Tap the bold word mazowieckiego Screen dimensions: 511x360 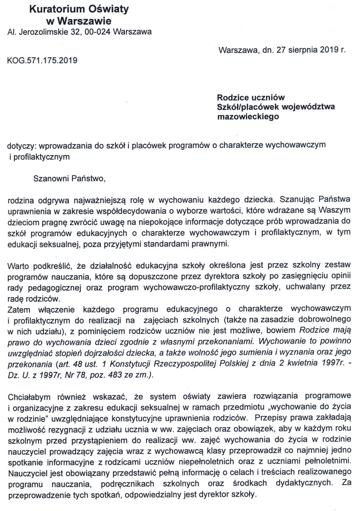(248, 117)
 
